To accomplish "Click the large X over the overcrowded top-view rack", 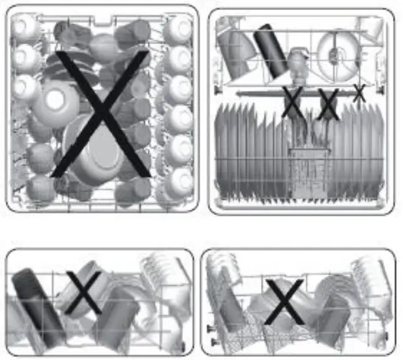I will coord(101,113).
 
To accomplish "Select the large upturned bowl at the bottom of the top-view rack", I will coord(94,157).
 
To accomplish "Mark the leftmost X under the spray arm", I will coord(290,104).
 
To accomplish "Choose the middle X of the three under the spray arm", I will coord(328,104).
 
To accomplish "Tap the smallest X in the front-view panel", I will coord(359,94).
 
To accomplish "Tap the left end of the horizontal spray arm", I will coord(239,93).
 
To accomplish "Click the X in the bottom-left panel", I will coord(84,293).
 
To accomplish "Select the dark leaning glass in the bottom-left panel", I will coord(38,305).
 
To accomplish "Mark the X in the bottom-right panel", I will coord(284,302).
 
